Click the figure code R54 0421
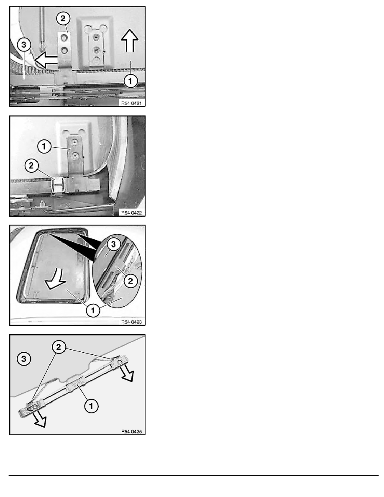click(x=131, y=103)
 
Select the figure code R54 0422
click(x=131, y=213)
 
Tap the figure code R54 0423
click(x=131, y=322)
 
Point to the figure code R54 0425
click(x=131, y=431)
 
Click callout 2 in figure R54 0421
click(x=63, y=18)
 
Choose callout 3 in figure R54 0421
click(x=24, y=45)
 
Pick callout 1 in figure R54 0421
click(x=130, y=81)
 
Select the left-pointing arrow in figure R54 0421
click(x=46, y=59)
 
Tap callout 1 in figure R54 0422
click(x=44, y=146)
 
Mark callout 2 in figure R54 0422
click(x=31, y=165)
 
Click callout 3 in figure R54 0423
click(x=113, y=244)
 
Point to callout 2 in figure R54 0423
click(x=131, y=281)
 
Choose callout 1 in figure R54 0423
click(x=93, y=310)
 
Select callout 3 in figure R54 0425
click(x=24, y=359)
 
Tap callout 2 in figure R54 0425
click(x=59, y=347)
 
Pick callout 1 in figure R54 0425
click(x=91, y=406)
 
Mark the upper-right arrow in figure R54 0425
click(x=127, y=374)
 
